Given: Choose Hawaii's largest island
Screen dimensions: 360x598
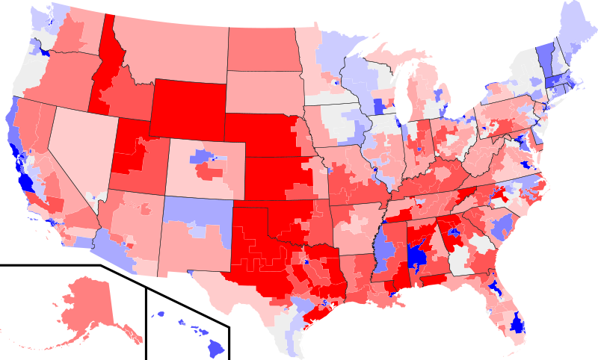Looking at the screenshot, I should pos(215,347).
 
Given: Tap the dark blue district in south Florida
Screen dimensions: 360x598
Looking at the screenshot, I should pos(516,323).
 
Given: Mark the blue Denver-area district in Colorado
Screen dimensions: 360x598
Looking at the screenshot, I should pos(201,157).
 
